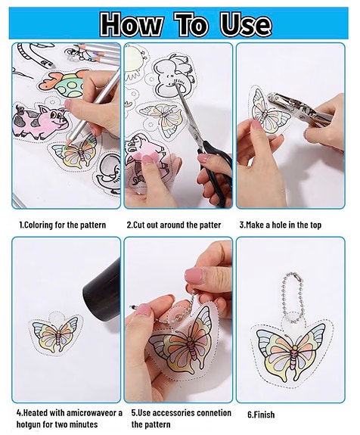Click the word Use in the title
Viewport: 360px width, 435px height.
[246, 24]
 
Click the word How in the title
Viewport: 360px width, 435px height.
[131, 24]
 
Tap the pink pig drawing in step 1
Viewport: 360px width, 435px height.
[39, 122]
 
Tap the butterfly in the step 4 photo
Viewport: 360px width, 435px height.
[56, 335]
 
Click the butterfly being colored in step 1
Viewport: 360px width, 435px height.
[75, 154]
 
